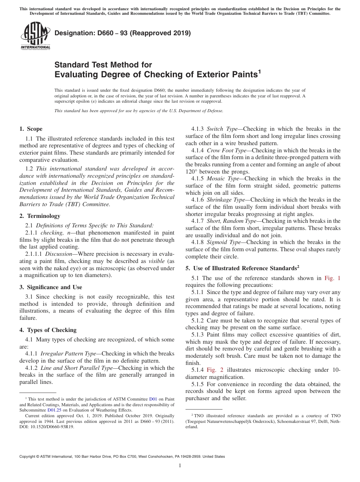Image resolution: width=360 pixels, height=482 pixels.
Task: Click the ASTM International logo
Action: point(35,36)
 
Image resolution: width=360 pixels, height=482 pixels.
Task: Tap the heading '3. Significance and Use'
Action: point(51,287)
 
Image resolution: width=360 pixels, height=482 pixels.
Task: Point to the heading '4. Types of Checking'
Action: point(48,330)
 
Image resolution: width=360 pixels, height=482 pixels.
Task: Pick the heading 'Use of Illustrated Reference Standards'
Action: point(243,268)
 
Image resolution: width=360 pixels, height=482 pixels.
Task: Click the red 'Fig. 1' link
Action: point(332,278)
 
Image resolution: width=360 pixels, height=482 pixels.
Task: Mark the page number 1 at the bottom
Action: point(180,466)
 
